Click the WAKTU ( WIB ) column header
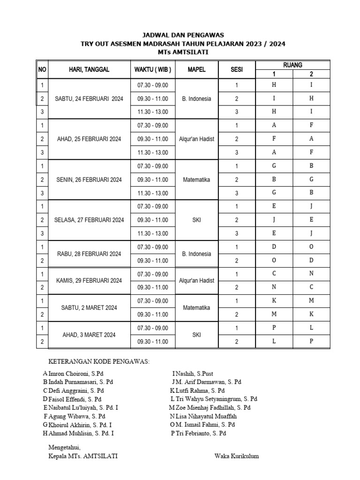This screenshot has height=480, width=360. (x=153, y=69)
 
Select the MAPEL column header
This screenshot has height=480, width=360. (x=197, y=69)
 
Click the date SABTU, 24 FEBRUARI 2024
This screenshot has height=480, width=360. (x=89, y=99)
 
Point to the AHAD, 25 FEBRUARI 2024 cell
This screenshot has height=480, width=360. (x=89, y=139)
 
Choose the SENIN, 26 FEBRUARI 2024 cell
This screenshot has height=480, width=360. (x=89, y=180)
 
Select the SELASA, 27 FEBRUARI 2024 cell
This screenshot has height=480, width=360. (x=89, y=220)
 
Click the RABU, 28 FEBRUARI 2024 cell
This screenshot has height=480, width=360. (x=89, y=254)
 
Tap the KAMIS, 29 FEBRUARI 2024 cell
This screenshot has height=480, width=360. (x=89, y=281)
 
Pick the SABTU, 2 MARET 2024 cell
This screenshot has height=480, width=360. (x=89, y=308)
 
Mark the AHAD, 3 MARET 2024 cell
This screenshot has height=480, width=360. (x=89, y=335)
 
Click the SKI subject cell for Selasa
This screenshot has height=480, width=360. (x=197, y=220)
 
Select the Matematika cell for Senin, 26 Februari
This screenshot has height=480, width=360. (x=197, y=180)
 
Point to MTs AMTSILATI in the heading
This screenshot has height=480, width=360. (x=183, y=52)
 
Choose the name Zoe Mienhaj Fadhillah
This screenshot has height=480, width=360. (x=213, y=408)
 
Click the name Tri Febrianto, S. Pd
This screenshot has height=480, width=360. (x=201, y=434)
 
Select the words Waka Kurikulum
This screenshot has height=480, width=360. (x=237, y=456)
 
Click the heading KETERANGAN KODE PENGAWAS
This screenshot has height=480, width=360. (x=99, y=361)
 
